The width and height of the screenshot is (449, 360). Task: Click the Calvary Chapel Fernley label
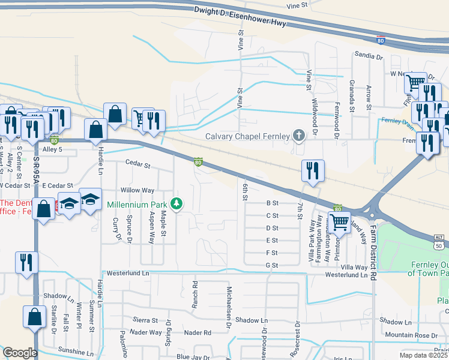pos(247,135)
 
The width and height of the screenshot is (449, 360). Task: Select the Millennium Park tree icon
pos(176,204)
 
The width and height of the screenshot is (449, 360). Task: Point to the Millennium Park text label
pos(137,204)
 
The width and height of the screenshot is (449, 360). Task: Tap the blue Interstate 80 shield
pos(381,40)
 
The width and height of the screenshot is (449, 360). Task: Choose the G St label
pos(271,265)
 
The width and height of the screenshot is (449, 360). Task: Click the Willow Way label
pos(137,190)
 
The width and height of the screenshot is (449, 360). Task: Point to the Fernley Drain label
pos(397,121)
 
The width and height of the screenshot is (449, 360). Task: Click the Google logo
pos(20,353)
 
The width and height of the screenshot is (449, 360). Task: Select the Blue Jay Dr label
pos(191,356)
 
